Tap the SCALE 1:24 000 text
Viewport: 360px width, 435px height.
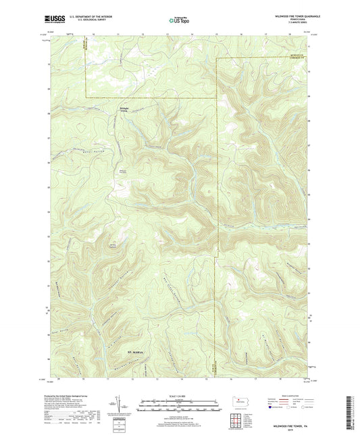pyautogui.click(x=179, y=395)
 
